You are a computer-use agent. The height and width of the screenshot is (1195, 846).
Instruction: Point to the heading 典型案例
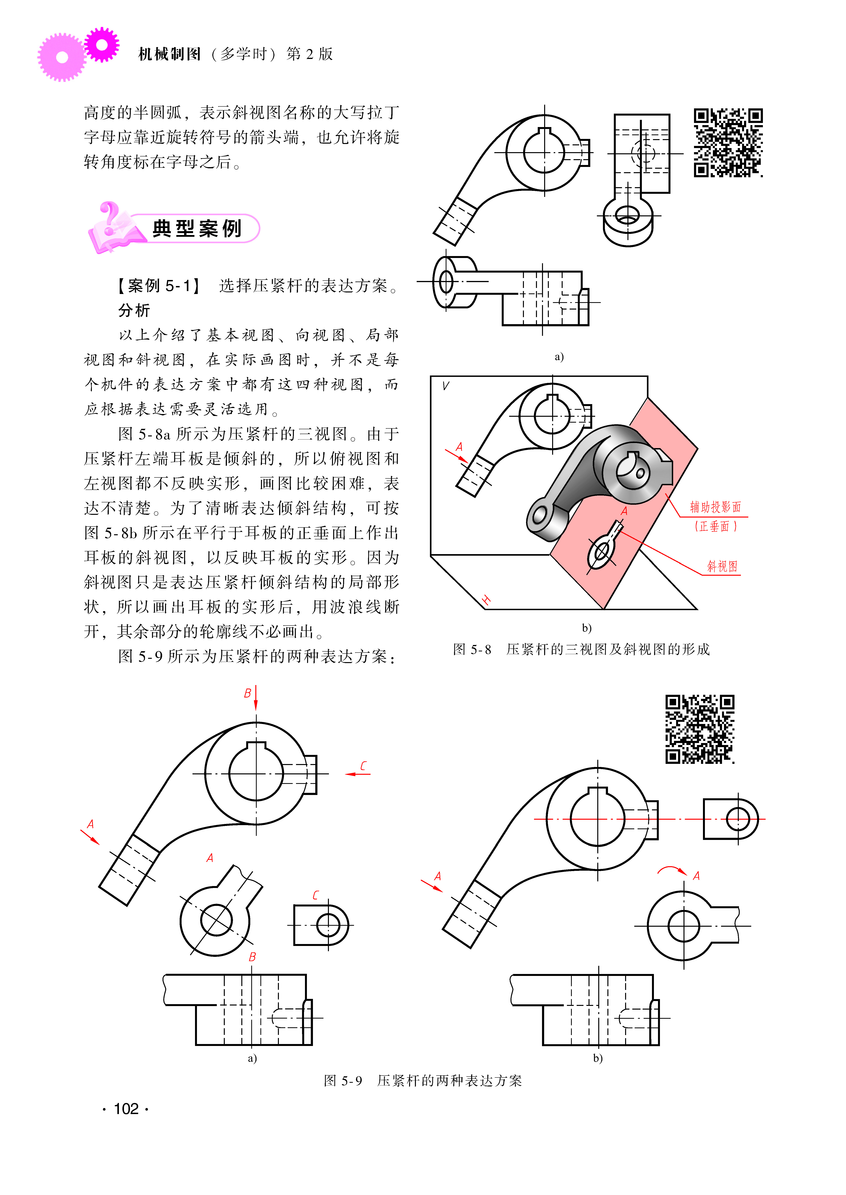pos(197,228)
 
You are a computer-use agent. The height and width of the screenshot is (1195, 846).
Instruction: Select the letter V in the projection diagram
pos(445,386)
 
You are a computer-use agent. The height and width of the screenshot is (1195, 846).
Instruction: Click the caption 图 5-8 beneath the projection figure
pos(472,649)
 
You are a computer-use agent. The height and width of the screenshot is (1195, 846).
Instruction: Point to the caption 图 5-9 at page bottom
pos(343,1080)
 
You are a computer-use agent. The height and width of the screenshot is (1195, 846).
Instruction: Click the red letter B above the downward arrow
pos(247,693)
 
